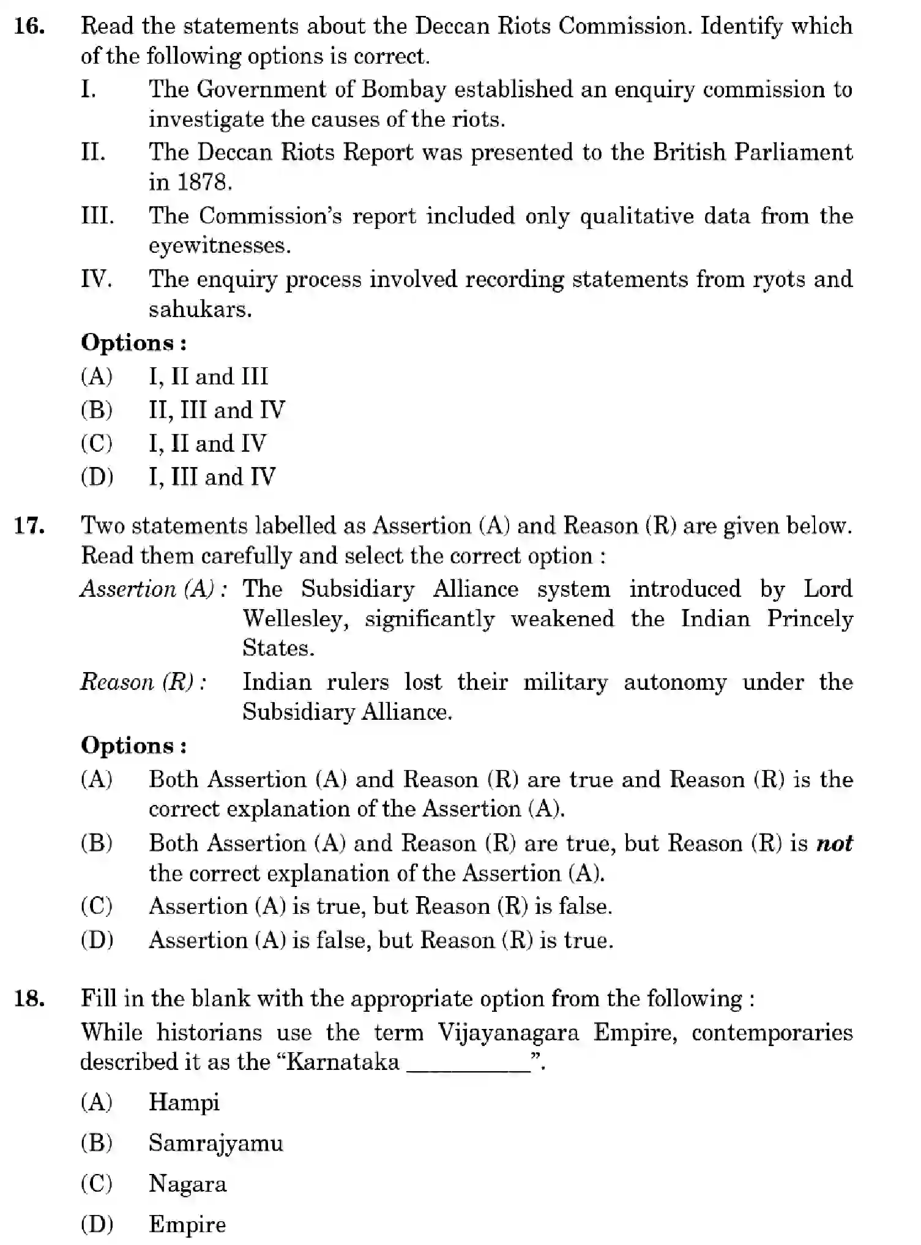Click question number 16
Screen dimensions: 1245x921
point(29,27)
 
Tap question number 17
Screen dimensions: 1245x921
point(29,526)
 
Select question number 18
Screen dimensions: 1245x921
point(29,999)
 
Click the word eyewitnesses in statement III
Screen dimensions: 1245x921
point(218,246)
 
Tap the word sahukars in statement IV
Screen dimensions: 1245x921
point(199,310)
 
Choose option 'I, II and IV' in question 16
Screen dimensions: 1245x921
point(207,443)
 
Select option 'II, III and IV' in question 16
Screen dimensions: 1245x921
point(217,410)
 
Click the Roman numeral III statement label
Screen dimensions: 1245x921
point(97,215)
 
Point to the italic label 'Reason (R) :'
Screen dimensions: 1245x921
point(143,682)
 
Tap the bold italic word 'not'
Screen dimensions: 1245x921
point(835,843)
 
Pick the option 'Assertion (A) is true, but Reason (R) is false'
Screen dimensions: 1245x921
point(379,907)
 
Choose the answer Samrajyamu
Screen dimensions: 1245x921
point(215,1143)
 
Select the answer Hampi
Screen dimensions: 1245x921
point(184,1102)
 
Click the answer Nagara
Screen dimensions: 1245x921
point(187,1184)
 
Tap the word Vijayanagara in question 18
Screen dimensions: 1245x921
point(508,1033)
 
